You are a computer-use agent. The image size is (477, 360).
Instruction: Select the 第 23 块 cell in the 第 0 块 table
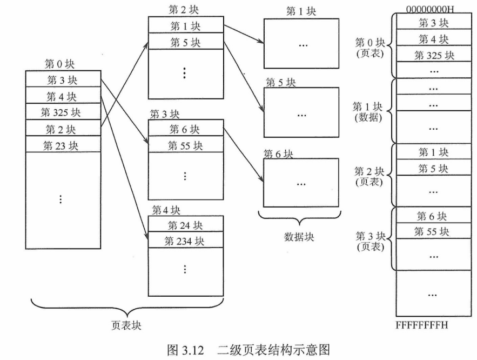tap(62, 145)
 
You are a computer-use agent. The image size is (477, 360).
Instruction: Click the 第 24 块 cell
tap(185, 225)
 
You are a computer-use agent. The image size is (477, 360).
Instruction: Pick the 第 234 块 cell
tap(185, 241)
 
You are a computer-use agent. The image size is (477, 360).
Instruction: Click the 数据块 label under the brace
tap(299, 237)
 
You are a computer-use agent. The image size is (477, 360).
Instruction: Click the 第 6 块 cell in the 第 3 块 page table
tap(185, 129)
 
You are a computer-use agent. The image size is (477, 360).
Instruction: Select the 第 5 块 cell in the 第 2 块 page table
tap(185, 42)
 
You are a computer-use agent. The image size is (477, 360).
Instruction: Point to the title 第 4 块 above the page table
tap(166, 210)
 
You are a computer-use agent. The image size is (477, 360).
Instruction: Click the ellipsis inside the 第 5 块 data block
tap(301, 115)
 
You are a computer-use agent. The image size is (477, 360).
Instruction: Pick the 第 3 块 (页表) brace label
tap(369, 241)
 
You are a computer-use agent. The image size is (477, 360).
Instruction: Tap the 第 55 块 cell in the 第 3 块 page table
tap(185, 145)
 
